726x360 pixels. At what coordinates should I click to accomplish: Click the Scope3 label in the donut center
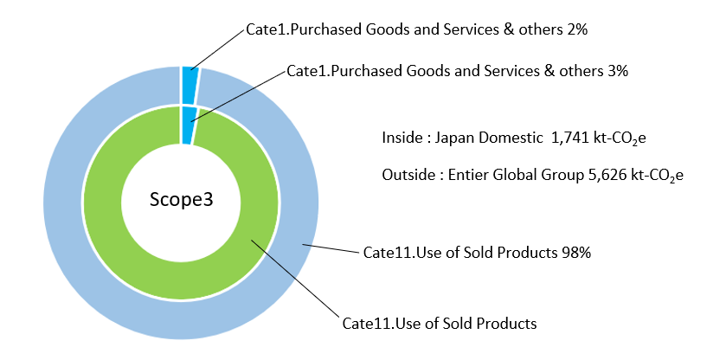tap(180, 200)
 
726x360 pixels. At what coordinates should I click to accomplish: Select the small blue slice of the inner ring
tap(188, 124)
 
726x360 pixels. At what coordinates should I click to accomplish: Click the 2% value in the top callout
tap(578, 30)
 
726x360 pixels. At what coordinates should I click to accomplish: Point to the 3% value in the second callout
tap(617, 71)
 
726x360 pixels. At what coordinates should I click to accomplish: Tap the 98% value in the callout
tap(575, 253)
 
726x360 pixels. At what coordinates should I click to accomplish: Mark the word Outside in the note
tap(407, 175)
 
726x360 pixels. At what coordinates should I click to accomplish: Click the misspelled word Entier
tap(466, 175)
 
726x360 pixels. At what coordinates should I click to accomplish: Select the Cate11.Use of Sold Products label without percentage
tap(440, 324)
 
